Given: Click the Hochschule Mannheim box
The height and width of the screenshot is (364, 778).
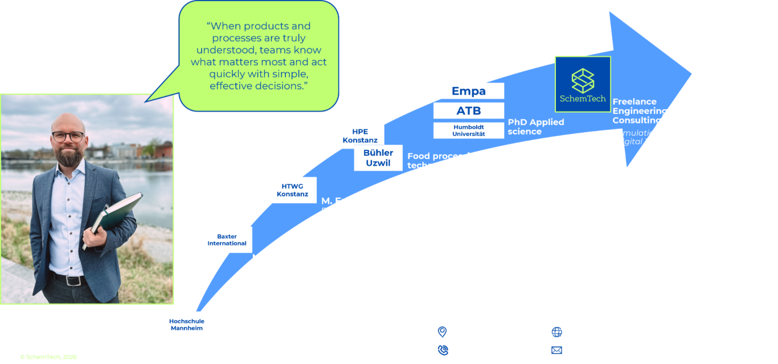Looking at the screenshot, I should (x=186, y=325).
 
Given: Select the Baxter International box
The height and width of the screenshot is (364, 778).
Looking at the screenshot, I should (x=227, y=240).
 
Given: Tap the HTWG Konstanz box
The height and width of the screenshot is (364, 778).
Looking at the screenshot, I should (x=292, y=190).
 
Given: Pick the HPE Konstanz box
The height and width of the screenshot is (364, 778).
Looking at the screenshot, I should (x=359, y=136).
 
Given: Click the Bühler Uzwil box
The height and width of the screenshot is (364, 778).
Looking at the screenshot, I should (x=378, y=158).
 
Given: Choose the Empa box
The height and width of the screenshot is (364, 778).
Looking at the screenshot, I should (x=468, y=91).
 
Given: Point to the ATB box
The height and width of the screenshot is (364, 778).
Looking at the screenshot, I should (x=468, y=111).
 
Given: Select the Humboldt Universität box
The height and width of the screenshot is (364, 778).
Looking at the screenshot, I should (x=468, y=130).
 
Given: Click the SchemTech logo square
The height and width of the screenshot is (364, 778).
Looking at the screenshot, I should (x=583, y=84).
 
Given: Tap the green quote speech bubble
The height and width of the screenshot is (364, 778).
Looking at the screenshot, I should (x=259, y=56).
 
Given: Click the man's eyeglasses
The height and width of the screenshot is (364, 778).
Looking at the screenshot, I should (x=68, y=137).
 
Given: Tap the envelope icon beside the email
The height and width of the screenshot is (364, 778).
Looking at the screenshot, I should (x=556, y=350).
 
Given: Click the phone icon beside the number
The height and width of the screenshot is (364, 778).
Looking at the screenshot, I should (x=442, y=350).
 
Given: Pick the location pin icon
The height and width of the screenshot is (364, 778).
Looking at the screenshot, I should (x=441, y=332).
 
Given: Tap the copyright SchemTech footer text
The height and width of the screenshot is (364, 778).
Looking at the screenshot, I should (x=48, y=357).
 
